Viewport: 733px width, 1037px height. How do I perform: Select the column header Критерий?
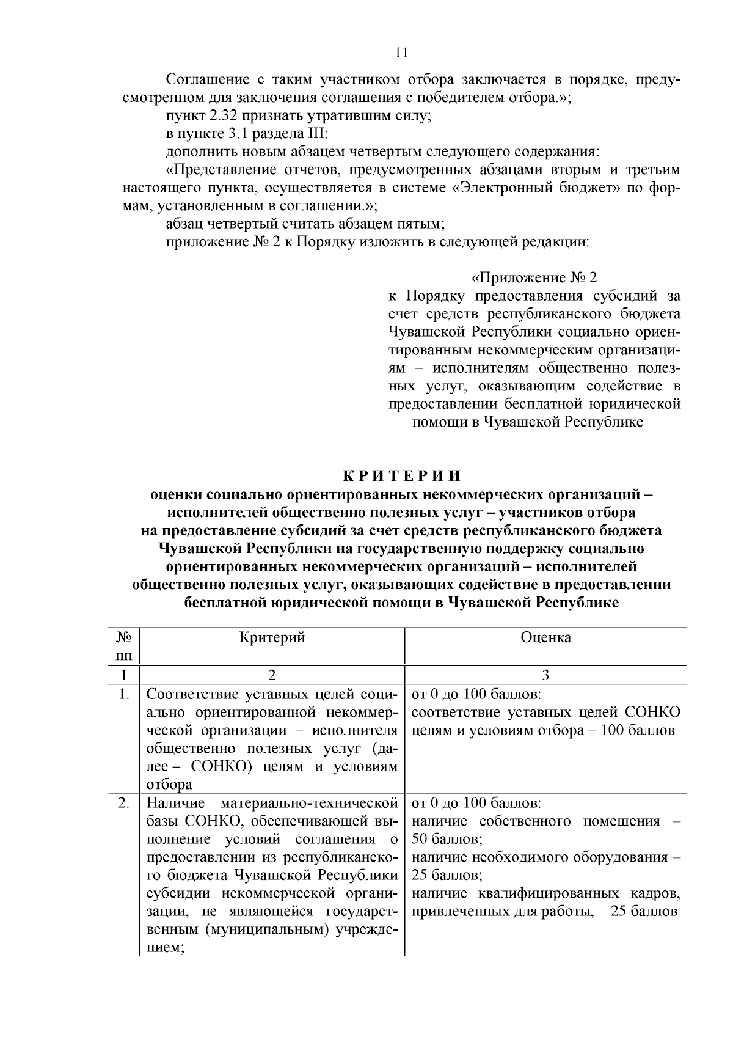pyautogui.click(x=272, y=637)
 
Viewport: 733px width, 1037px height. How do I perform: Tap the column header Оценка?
pyautogui.click(x=545, y=637)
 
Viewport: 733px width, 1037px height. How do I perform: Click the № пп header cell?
pyautogui.click(x=124, y=647)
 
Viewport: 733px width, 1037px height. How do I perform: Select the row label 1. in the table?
pyautogui.click(x=124, y=694)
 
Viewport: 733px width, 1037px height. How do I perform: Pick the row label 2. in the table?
pyautogui.click(x=124, y=802)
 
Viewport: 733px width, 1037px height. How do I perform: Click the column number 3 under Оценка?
pyautogui.click(x=545, y=675)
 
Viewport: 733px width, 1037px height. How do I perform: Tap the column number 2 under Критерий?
pyautogui.click(x=272, y=675)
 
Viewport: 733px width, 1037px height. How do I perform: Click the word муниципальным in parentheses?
pyautogui.click(x=266, y=929)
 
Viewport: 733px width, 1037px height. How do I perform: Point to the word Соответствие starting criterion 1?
pyautogui.click(x=191, y=694)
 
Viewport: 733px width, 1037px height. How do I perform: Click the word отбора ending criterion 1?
pyautogui.click(x=169, y=785)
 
